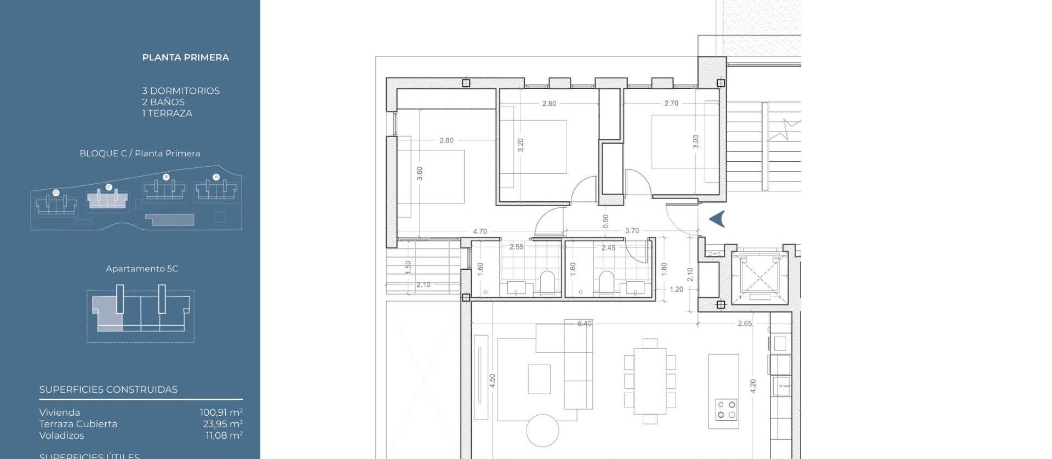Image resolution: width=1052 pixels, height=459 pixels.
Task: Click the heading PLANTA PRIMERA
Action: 185,58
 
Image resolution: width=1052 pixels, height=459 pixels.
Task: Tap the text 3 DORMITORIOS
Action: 181,91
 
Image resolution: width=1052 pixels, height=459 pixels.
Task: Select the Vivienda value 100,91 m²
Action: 221,412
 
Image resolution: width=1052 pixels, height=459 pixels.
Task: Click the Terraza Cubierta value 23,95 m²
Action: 222,424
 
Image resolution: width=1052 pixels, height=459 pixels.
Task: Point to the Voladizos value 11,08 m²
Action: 224,435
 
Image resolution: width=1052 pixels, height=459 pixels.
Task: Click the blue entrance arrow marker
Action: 717,219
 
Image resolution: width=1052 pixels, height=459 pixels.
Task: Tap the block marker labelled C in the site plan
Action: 108,188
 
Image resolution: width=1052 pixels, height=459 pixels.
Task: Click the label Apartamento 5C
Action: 142,269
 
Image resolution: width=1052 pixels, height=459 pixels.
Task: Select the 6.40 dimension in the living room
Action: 585,324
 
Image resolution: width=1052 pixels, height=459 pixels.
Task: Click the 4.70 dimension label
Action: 480,231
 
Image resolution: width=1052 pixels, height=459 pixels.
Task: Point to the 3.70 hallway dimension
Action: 632,231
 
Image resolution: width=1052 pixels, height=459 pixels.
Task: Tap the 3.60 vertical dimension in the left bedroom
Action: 420,173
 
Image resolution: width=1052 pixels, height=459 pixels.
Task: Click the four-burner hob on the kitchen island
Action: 726,409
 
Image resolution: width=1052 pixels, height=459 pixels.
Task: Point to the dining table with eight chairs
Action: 650,381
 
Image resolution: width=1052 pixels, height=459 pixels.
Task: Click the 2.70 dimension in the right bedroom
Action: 671,103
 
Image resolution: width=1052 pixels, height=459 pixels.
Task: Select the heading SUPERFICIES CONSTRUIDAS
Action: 108,390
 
